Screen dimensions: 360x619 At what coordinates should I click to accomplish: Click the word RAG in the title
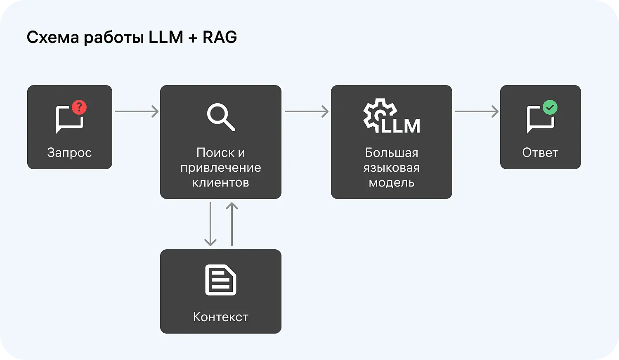coord(220,37)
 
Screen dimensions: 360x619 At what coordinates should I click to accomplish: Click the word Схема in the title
coord(52,37)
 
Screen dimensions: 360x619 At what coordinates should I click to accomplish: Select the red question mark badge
coord(79,107)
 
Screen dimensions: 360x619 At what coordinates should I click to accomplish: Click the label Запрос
coord(69,153)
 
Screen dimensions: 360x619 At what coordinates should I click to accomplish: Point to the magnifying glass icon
coord(221,117)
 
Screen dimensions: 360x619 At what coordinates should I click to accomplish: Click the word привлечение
coord(221,168)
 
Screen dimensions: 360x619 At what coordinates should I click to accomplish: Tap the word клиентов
coord(221,182)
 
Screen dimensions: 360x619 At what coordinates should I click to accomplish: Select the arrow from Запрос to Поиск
coord(136,111)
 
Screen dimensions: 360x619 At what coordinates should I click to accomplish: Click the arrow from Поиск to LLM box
coord(306,111)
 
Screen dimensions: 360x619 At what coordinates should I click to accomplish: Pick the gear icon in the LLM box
coord(378,114)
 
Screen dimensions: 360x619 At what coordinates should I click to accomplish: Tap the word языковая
coord(391,168)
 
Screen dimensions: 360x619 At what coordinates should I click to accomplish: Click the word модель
coord(391,182)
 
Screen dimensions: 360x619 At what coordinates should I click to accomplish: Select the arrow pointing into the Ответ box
coord(476,111)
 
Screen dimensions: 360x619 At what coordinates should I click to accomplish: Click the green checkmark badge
coord(550,107)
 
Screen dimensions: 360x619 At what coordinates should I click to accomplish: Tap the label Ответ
coord(540,153)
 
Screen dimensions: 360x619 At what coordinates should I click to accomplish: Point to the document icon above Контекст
coord(221,280)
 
